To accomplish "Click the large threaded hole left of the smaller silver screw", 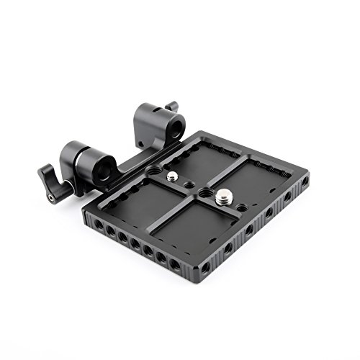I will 154,171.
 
